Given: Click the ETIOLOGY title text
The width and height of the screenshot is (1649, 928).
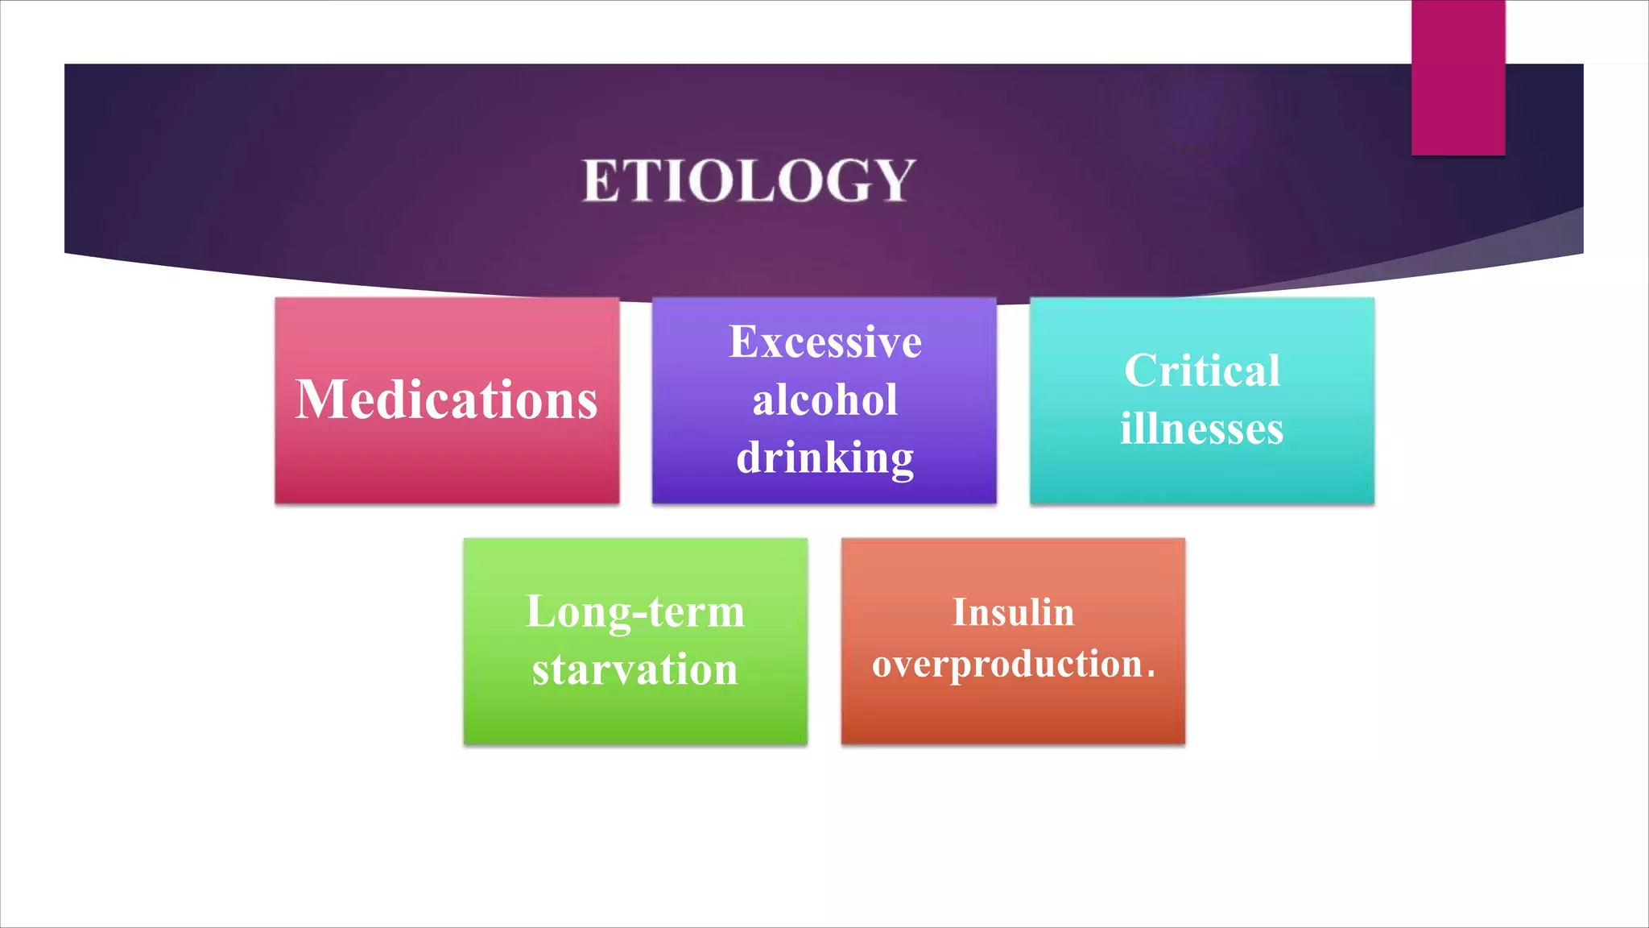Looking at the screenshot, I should [x=749, y=180].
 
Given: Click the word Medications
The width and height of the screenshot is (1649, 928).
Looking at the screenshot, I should [x=447, y=400].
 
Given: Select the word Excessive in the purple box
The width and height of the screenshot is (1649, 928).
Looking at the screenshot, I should [x=824, y=342].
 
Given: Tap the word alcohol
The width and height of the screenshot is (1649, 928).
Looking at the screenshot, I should [x=824, y=400].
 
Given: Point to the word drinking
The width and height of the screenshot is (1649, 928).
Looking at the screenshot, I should [x=824, y=458].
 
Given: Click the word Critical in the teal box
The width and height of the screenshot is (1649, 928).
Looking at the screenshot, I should [x=1201, y=371].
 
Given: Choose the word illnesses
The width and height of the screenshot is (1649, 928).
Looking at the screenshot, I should [x=1201, y=429].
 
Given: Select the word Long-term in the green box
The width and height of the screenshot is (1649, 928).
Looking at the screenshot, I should [x=634, y=611].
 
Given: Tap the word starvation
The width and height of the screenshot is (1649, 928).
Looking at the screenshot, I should [x=634, y=669].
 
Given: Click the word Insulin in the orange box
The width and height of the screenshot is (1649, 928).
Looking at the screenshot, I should [x=1013, y=612].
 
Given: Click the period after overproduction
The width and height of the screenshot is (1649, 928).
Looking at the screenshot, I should [x=1151, y=675].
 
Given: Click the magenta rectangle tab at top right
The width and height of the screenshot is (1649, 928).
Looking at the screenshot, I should [x=1457, y=77].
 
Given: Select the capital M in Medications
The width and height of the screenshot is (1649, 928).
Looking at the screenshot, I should [x=321, y=400].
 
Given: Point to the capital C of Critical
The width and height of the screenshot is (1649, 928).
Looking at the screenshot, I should [x=1141, y=371].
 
